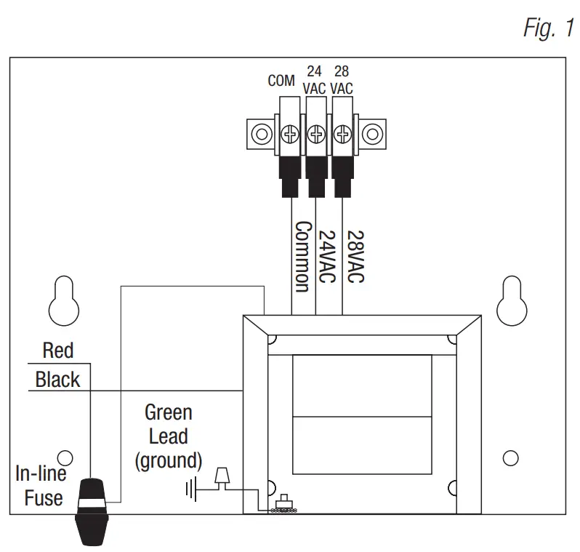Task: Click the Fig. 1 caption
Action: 549,27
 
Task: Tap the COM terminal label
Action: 281,81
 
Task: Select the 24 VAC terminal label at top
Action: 315,80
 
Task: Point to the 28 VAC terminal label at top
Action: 341,80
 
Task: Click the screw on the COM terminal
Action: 289,134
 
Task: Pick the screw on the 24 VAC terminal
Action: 316,134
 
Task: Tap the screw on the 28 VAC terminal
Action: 342,134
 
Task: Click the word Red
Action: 58,351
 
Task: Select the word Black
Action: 57,380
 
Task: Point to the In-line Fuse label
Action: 41,487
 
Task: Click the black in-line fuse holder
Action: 93,512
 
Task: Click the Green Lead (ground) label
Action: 168,436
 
